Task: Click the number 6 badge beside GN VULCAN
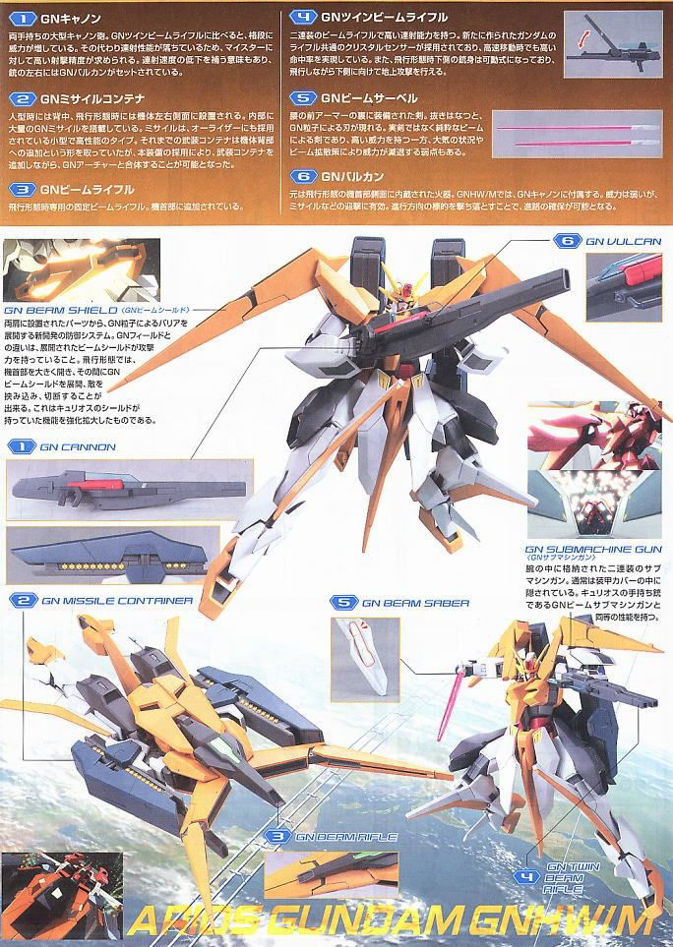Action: coord(564,240)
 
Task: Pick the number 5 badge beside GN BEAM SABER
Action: coord(343,602)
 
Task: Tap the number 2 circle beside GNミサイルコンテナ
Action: coord(22,99)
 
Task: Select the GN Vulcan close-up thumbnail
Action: coord(624,286)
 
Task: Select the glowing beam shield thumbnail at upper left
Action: coord(80,268)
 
